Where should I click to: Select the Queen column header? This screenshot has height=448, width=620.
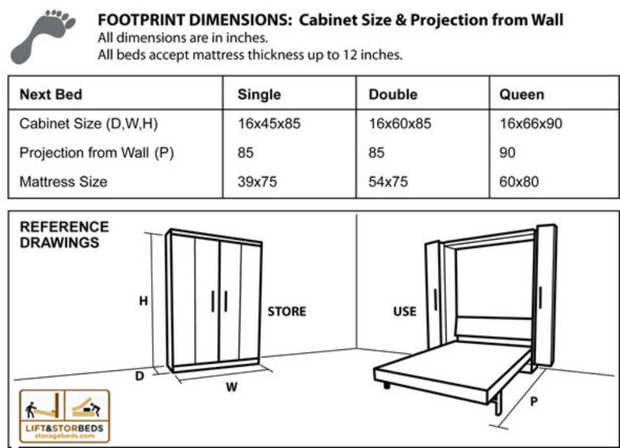(x=521, y=95)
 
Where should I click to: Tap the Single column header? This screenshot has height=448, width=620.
(x=259, y=95)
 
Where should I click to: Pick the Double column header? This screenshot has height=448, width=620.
(x=393, y=95)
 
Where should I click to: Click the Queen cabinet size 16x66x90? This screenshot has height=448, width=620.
(x=531, y=124)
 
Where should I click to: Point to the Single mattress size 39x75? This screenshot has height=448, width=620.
(x=257, y=182)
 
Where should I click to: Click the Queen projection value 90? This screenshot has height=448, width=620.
(x=507, y=153)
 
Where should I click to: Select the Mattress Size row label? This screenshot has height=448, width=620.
(x=63, y=182)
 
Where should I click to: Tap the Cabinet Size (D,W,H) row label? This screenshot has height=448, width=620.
(x=89, y=124)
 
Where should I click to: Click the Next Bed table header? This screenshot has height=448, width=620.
(x=51, y=95)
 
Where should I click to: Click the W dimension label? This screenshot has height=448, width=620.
(x=231, y=388)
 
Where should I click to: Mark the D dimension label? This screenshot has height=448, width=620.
(x=140, y=375)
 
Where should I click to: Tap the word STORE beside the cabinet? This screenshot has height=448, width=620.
(x=286, y=311)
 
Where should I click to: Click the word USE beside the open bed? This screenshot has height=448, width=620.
(x=405, y=311)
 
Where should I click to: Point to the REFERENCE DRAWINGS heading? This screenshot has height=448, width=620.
(x=64, y=235)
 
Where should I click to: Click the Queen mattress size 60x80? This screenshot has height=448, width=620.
(x=519, y=182)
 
